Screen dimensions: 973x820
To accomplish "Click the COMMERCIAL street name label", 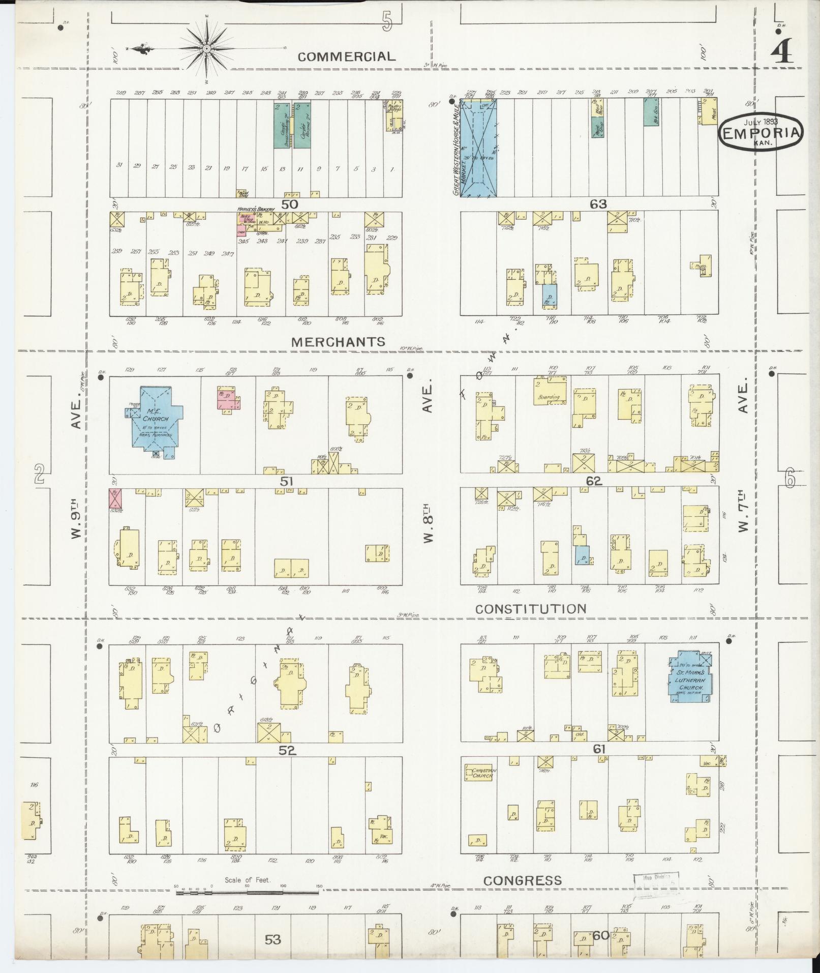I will coord(346,56).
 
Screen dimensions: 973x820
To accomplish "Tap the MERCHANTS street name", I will coord(338,342).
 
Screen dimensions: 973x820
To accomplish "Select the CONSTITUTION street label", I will coord(531,609).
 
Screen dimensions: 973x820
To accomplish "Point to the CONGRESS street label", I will coord(523,880).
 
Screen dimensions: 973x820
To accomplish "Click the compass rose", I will coord(207,49).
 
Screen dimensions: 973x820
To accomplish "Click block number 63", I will coord(598,204).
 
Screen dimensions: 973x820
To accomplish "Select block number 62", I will coord(593,481).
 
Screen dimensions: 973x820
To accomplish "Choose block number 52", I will coord(287,750).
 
